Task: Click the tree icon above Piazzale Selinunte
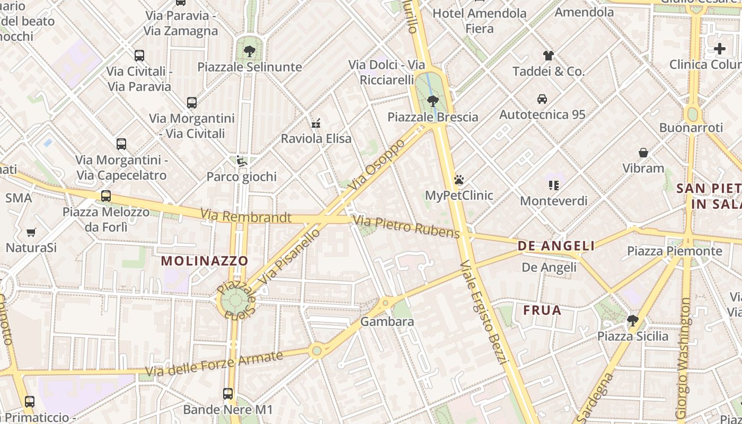(x=249, y=51)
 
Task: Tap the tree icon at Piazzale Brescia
(x=433, y=101)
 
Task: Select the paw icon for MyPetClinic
(x=459, y=180)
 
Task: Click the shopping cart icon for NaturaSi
(x=31, y=232)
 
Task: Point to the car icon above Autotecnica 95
(x=542, y=99)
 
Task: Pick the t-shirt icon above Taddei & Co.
(x=548, y=55)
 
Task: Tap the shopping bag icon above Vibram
(x=643, y=153)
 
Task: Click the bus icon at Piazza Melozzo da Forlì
(x=106, y=196)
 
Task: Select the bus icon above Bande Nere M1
(x=228, y=393)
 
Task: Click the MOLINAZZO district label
(x=205, y=261)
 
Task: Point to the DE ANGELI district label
(x=556, y=246)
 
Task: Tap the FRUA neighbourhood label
(x=542, y=310)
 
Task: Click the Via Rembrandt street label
(x=246, y=216)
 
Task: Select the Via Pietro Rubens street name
(x=406, y=226)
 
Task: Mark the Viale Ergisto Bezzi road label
(x=484, y=312)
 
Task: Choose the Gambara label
(x=387, y=322)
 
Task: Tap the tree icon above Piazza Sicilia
(x=632, y=320)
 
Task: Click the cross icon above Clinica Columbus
(x=720, y=49)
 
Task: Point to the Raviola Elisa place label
(x=316, y=139)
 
